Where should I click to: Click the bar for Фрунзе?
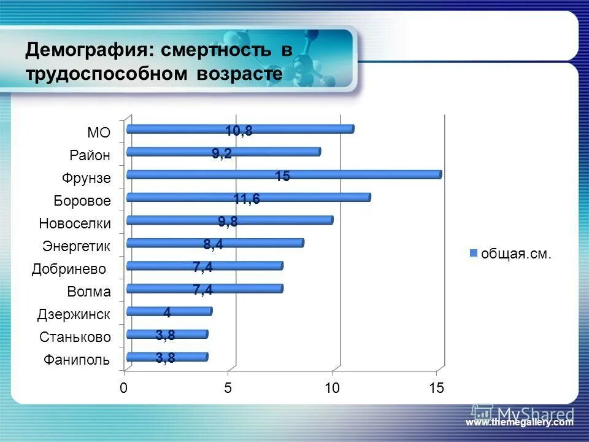[x=283, y=174]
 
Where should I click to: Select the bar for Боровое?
[x=248, y=197]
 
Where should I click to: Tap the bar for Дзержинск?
[x=169, y=311]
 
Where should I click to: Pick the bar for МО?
[x=239, y=129]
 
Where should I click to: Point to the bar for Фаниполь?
[x=167, y=357]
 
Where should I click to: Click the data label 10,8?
[x=239, y=131]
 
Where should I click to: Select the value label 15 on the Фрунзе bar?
[x=282, y=177]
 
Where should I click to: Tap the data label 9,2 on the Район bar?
[x=221, y=153]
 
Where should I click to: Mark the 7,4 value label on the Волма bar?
[x=202, y=290]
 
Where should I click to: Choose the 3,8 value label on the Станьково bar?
[x=165, y=336]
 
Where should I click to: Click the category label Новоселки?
[x=75, y=223]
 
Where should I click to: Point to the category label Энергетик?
[x=77, y=246]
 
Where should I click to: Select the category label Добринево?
[x=69, y=269]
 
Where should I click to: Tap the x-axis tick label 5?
[x=228, y=388]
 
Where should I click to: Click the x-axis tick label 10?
[x=332, y=388]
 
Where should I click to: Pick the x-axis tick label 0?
[x=124, y=388]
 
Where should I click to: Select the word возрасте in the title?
[x=240, y=74]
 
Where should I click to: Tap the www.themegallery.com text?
[x=519, y=422]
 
